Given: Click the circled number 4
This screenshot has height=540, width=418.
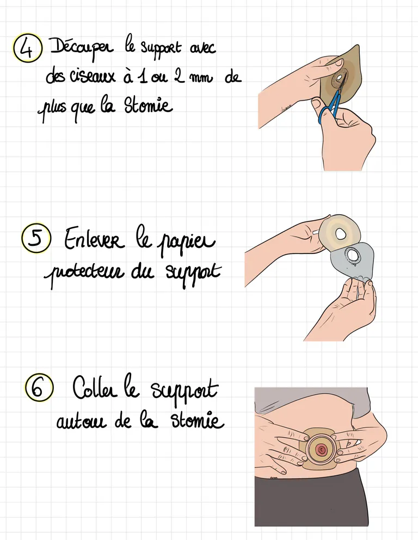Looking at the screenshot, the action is [x=27, y=48].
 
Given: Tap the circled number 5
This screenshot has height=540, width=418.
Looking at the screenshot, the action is [x=36, y=238].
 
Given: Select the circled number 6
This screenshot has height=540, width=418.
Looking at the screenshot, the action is [x=39, y=388].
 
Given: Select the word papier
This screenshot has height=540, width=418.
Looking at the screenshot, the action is [x=185, y=243].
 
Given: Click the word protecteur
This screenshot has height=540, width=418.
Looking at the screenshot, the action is [x=84, y=274].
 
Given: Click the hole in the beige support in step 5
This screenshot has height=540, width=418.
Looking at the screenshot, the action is [x=341, y=234].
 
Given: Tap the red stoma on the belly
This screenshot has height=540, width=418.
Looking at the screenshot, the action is [x=321, y=449].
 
